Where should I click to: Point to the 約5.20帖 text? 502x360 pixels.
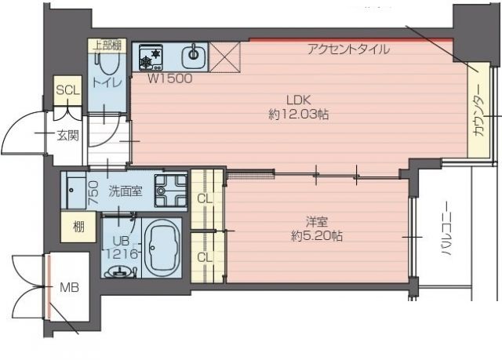[316, 235]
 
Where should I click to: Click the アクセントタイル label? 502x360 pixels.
[347, 49]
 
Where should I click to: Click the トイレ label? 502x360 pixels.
[102, 82]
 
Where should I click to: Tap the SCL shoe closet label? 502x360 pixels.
[68, 90]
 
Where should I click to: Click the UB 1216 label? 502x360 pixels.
[118, 246]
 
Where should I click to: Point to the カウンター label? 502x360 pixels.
[478, 115]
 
